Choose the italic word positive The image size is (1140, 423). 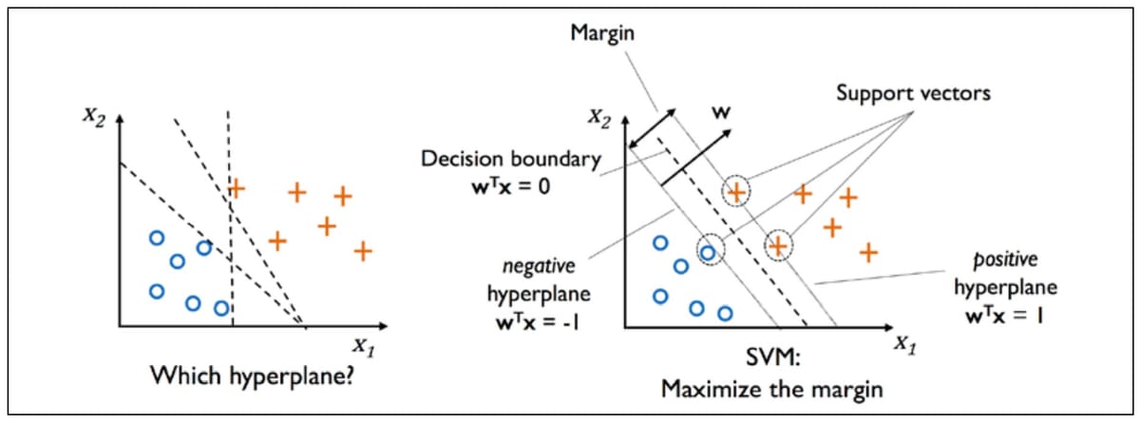pyautogui.click(x=997, y=259)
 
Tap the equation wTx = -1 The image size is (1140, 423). pyautogui.click(x=533, y=321)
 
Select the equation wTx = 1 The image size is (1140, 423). pyautogui.click(x=997, y=311)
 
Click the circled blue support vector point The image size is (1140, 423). pyautogui.click(x=708, y=252)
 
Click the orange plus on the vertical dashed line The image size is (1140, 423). pyautogui.click(x=236, y=188)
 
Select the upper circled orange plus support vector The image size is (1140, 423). pyautogui.click(x=735, y=192)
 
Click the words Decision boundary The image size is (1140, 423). pyautogui.click(x=511, y=159)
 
